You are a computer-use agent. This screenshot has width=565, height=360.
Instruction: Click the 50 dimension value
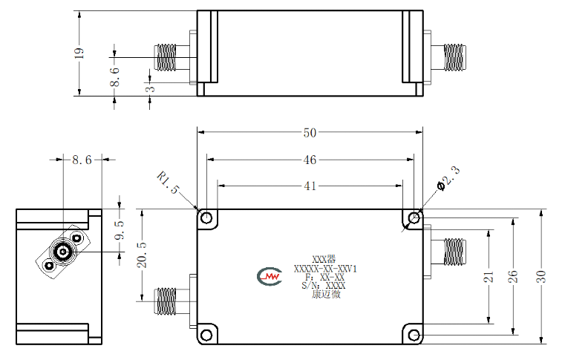click(x=310, y=133)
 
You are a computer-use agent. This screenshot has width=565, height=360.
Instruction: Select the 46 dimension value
click(x=310, y=160)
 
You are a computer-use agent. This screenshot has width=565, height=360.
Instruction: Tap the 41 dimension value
click(x=310, y=186)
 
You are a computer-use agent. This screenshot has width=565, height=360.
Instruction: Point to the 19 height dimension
click(x=79, y=53)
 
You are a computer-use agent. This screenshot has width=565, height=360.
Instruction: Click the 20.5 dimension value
click(x=142, y=255)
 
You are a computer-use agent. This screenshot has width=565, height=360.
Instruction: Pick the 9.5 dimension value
click(x=120, y=230)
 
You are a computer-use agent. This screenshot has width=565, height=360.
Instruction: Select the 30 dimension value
click(x=540, y=276)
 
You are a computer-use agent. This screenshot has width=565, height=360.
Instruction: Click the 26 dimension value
click(x=513, y=276)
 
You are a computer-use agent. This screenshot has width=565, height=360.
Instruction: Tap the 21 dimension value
click(x=489, y=277)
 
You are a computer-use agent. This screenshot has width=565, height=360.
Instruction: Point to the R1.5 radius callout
click(x=168, y=183)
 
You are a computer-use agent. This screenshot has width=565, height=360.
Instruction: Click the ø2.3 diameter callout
click(x=449, y=178)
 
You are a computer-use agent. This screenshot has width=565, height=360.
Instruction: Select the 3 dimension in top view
click(x=151, y=88)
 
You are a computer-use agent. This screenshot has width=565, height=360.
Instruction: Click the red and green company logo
click(x=270, y=276)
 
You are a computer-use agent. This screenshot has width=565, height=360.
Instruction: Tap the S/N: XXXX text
click(x=324, y=286)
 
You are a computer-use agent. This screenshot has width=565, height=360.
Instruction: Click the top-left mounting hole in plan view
click(x=206, y=218)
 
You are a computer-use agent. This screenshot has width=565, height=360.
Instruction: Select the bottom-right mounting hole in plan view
click(x=414, y=336)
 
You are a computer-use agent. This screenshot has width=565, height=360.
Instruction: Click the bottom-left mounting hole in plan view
click(x=206, y=336)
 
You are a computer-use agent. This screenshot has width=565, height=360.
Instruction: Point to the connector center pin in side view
click(x=63, y=251)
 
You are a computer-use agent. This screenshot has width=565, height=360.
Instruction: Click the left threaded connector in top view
click(x=166, y=58)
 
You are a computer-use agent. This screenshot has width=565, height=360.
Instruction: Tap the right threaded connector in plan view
click(x=454, y=252)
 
